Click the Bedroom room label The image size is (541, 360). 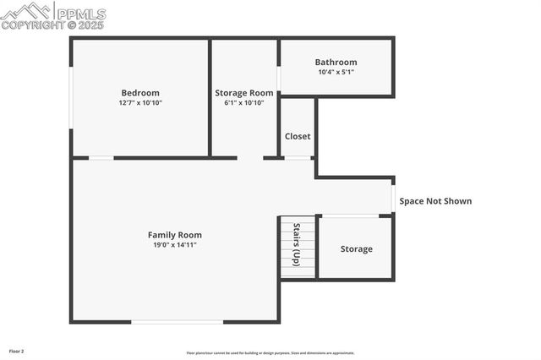coord(140,93)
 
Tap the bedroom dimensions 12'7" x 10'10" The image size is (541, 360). coord(140,102)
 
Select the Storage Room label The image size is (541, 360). coord(244,93)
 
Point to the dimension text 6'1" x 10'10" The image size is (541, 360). coord(244,102)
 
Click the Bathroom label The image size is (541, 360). coord(336,62)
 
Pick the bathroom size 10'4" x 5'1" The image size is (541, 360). coord(336,72)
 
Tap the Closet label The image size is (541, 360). coord(298,136)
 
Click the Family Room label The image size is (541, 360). coord(175,235)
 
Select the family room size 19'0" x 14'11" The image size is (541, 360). coord(175,245)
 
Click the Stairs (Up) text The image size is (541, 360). coord(297,245)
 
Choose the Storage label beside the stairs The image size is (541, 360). coord(356,249)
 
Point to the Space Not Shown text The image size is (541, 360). coord(435,201)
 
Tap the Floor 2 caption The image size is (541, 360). coord(17,351)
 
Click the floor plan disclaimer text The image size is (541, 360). coord(270,353)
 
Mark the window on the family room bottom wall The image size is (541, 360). coord(178,322)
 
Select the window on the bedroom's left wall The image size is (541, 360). coord(71,97)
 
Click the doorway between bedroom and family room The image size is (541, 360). coord(101,158)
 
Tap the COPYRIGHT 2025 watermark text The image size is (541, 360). coord(52,26)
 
